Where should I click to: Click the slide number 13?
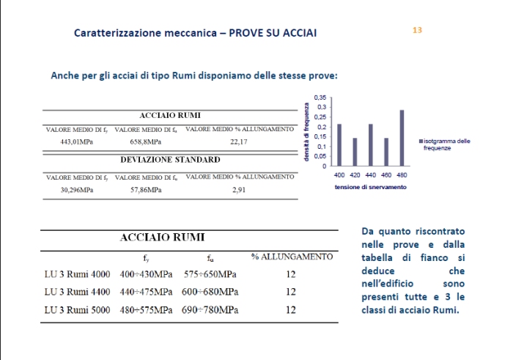coord(418,31)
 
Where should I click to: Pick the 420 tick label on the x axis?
coord(355,176)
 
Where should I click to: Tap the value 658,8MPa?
coord(145,142)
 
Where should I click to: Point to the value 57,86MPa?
coord(145,190)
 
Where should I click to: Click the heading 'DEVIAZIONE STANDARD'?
coord(169,159)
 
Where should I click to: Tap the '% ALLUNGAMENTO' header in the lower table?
coord(292,257)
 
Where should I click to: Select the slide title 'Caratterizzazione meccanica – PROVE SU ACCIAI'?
coord(196,34)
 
